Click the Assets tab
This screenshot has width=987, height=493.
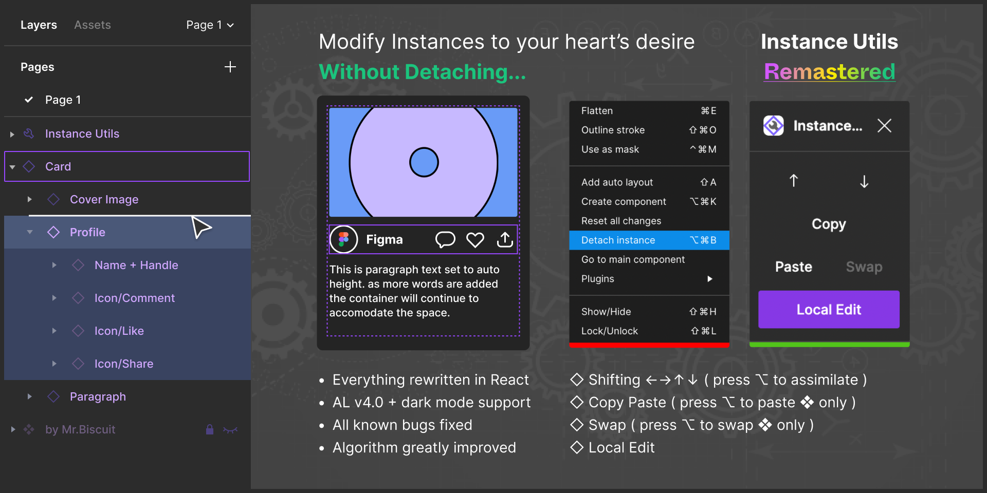click(93, 25)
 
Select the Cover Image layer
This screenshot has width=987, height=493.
click(104, 199)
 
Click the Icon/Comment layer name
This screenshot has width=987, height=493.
click(135, 298)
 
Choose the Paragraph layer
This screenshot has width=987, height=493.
click(98, 396)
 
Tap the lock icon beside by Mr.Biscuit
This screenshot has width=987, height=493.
click(210, 429)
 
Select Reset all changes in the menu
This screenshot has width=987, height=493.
click(621, 221)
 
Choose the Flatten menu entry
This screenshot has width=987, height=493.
click(597, 111)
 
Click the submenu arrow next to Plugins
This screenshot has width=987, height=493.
click(710, 279)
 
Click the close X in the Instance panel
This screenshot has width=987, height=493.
click(884, 126)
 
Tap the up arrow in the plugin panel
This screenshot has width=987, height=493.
click(794, 181)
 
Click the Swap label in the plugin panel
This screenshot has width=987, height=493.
click(864, 267)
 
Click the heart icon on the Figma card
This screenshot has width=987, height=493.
click(475, 240)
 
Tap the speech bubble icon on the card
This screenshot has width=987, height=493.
click(445, 240)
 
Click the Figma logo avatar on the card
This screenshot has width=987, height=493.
click(343, 239)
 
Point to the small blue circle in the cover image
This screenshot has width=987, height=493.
click(424, 162)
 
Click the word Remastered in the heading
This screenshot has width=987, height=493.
click(830, 72)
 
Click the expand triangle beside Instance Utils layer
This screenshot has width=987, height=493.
click(12, 134)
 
